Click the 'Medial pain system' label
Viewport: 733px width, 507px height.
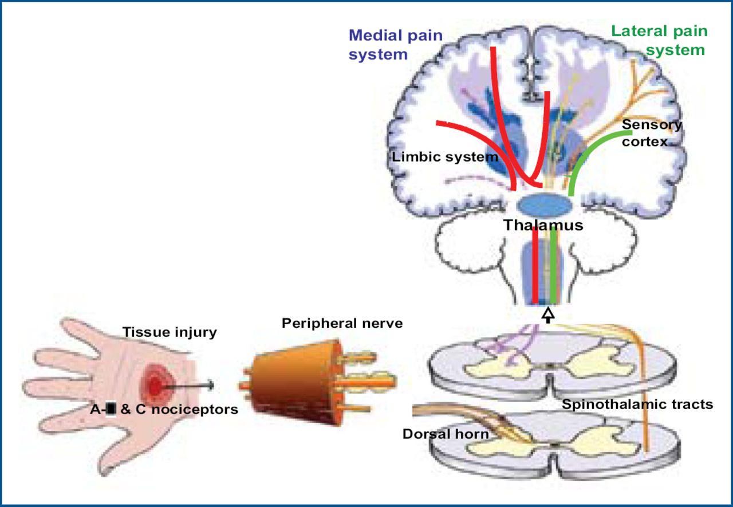point(395,45)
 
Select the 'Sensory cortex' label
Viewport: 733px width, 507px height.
point(652,132)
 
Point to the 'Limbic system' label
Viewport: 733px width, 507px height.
point(445,156)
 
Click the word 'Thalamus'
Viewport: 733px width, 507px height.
point(543,225)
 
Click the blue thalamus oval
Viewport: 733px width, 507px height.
point(544,205)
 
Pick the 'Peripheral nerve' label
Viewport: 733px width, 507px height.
point(342,323)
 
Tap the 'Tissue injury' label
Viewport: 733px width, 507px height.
point(170,332)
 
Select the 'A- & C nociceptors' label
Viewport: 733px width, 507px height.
point(164,409)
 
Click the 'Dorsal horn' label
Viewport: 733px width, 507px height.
point(446,434)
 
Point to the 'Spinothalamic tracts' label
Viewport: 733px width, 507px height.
point(637,404)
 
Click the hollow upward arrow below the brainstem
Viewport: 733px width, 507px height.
point(549,314)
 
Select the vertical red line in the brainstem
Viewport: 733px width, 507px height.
point(535,264)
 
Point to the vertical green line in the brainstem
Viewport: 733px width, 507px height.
point(553,264)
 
